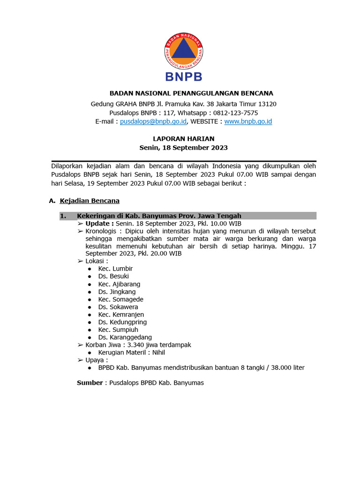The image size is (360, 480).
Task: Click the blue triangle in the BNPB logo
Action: [x=184, y=51]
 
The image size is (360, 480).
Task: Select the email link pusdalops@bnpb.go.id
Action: [x=154, y=121]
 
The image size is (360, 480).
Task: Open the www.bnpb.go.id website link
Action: [x=248, y=121]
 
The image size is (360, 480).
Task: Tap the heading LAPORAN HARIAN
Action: [x=184, y=139]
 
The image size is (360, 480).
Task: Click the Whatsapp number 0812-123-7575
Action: [x=236, y=112]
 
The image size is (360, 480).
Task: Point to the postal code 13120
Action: [x=266, y=104]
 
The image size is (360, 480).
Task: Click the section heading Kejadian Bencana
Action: [x=90, y=201]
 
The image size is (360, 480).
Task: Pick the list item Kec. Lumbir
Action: [x=115, y=269]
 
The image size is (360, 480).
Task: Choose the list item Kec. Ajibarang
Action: [x=119, y=284]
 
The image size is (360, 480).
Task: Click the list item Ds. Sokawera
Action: [x=118, y=307]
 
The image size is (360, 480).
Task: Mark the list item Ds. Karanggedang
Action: [x=125, y=337]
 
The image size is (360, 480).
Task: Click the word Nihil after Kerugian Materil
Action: [x=156, y=352]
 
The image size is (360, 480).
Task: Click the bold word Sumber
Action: [x=90, y=382]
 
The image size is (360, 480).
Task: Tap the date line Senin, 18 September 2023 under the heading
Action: [x=184, y=148]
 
